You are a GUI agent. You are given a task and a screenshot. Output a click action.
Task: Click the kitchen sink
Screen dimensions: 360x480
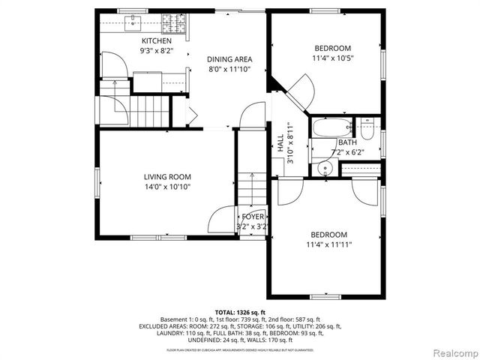(x=133, y=21)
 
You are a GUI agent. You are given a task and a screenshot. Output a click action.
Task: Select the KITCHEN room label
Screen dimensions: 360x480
(x=156, y=40)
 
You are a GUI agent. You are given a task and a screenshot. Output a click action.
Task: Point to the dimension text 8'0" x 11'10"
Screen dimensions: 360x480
(x=229, y=69)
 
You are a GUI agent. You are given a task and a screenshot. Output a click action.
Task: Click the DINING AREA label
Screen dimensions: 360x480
(x=229, y=59)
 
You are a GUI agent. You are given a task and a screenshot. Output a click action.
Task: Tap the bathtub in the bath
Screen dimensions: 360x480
(x=331, y=127)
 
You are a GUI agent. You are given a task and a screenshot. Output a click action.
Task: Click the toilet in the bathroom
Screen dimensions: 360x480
(x=367, y=129)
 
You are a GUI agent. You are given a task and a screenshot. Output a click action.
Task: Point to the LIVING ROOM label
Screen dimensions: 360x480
(x=168, y=177)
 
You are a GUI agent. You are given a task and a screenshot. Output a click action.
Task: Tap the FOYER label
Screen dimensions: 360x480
(x=253, y=217)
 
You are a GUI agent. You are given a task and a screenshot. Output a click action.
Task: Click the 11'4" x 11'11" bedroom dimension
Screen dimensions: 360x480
(x=328, y=244)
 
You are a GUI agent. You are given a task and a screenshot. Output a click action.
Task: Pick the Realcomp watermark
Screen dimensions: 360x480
(x=453, y=353)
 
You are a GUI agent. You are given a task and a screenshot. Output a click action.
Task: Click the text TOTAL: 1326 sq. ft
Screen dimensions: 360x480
(x=240, y=312)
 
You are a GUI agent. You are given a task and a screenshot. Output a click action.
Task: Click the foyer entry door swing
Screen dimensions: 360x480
(x=222, y=220)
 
